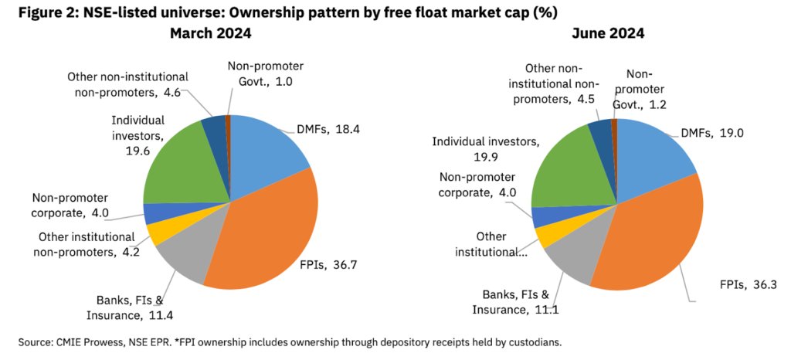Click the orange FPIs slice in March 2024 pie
[266, 232]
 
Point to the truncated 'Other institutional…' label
[492, 244]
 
